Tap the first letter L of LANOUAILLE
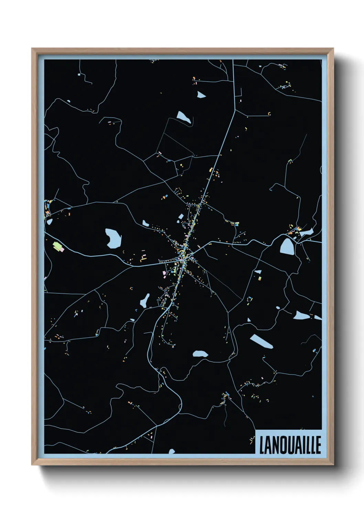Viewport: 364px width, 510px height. [261, 445]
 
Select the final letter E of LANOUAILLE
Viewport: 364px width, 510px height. [318, 445]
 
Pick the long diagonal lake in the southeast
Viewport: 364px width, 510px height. [261, 341]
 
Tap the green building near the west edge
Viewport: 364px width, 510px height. [57, 246]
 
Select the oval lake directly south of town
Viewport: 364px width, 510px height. [200, 354]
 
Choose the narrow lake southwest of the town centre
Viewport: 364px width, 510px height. [145, 301]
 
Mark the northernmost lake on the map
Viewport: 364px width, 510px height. [201, 94]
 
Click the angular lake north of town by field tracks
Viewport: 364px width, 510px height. [183, 117]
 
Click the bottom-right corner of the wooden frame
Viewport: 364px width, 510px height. [333, 465]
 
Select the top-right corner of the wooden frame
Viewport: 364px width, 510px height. [333, 49]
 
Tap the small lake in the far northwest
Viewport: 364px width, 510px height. [69, 101]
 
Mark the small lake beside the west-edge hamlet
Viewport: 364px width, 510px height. [50, 222]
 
